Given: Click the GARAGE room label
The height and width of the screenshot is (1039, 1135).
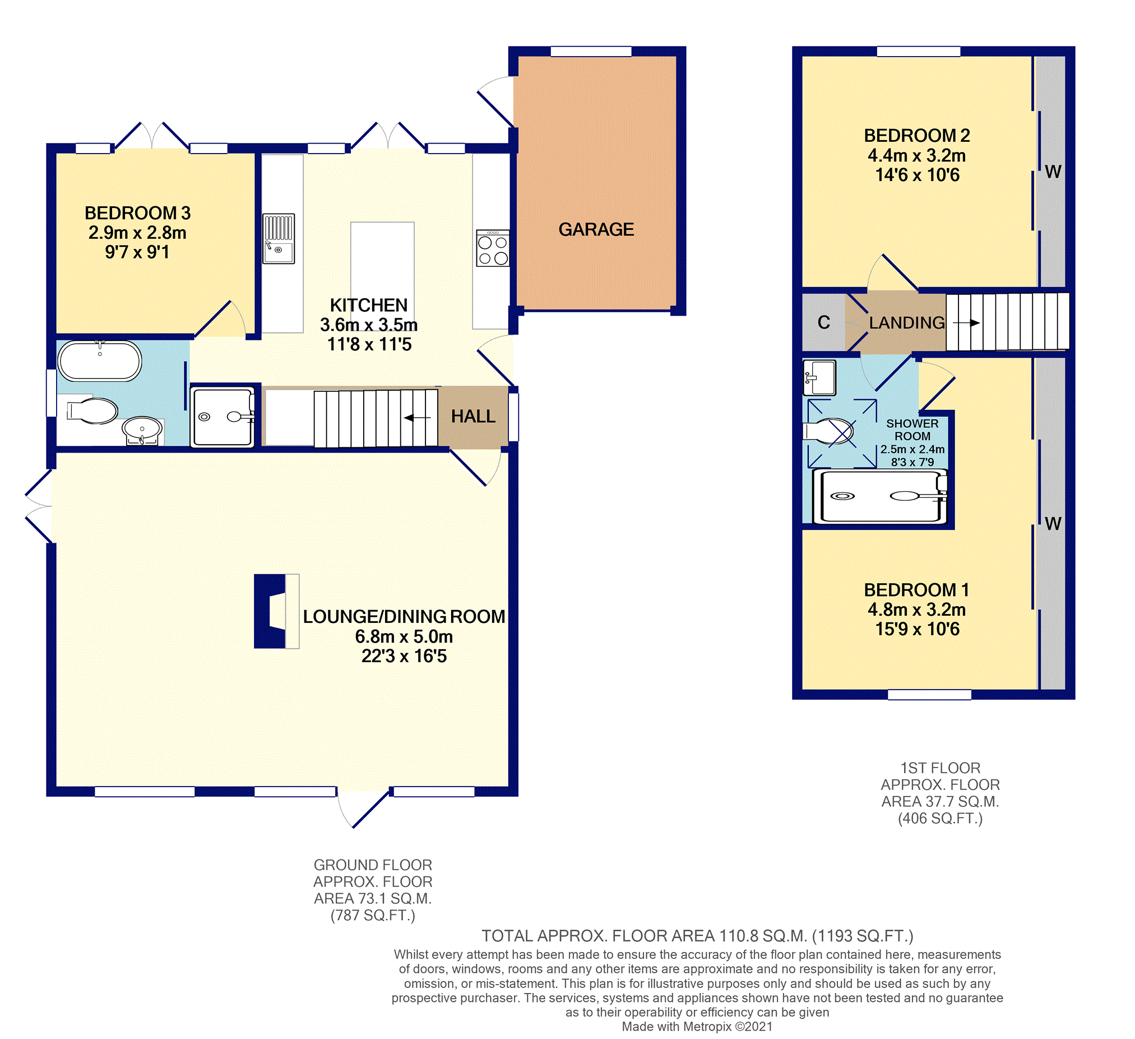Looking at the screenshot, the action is [596, 229].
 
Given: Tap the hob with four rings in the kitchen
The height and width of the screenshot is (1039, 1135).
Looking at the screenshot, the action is [493, 248].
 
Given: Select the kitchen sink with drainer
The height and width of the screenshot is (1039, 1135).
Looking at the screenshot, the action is [279, 238].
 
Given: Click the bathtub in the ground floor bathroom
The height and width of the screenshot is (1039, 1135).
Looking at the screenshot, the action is [100, 361].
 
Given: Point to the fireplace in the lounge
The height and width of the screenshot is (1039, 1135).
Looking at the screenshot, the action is [276, 611].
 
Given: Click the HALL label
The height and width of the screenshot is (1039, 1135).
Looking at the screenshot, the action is [473, 416].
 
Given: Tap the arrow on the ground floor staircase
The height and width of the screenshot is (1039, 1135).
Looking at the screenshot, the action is [417, 417].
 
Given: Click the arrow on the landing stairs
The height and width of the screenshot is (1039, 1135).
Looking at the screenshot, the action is [966, 322].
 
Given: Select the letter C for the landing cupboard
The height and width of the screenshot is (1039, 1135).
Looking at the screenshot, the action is [824, 322].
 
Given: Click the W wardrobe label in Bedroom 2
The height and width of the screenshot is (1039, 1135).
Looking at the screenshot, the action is [1053, 172].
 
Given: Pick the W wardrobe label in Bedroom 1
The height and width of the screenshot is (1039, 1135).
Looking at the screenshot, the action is [1053, 524].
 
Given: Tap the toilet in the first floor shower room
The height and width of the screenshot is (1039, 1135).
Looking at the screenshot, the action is [828, 431].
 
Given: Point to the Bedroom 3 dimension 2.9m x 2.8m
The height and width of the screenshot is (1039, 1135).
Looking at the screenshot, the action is [137, 233].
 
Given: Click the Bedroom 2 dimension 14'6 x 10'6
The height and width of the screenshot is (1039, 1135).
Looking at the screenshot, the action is [917, 175].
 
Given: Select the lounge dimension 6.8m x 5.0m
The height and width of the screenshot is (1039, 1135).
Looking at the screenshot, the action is [404, 636].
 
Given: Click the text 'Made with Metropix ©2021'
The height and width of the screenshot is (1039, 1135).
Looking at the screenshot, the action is [697, 1026].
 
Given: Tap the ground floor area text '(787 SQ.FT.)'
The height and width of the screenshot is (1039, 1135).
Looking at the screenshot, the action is [373, 915].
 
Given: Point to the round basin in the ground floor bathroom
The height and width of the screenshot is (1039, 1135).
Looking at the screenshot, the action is [142, 429].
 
